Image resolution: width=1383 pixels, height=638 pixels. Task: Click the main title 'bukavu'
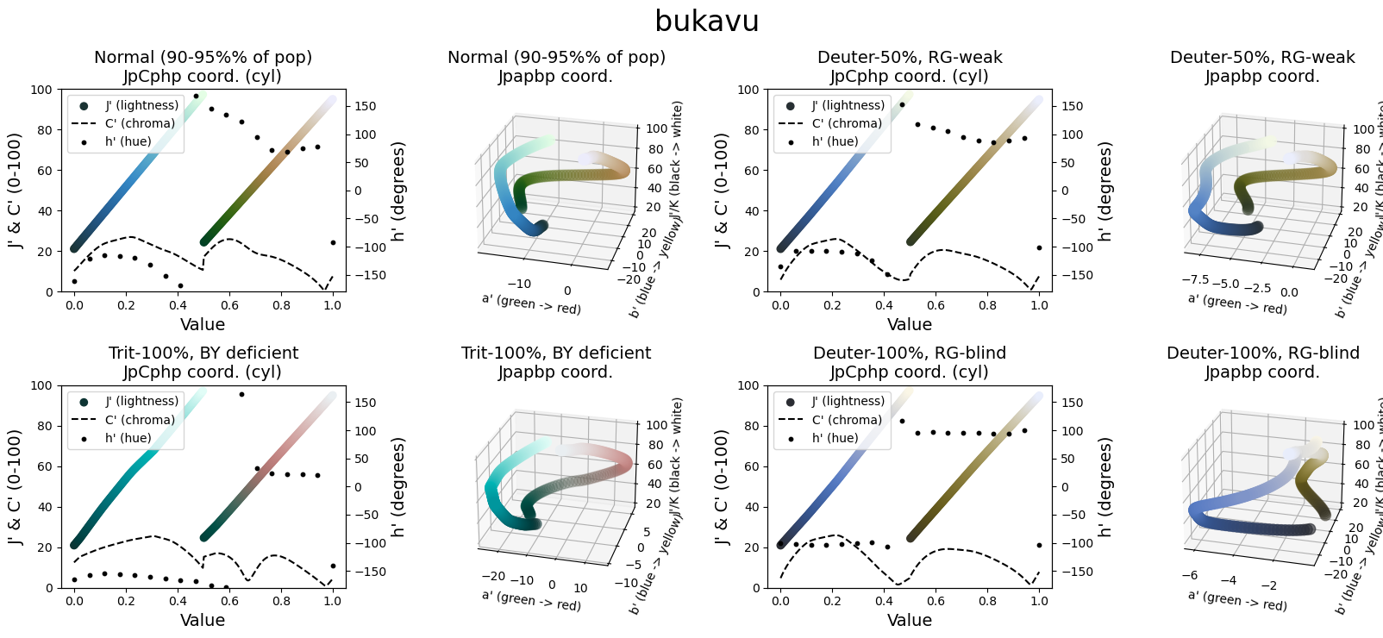(706, 22)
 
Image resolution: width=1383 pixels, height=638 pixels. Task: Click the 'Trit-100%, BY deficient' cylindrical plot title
(203, 353)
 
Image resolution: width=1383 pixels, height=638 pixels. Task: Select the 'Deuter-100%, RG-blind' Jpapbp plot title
(1262, 353)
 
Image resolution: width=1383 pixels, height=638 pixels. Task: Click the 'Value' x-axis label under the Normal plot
(203, 325)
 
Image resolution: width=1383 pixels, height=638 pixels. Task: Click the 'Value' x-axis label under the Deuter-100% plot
(910, 621)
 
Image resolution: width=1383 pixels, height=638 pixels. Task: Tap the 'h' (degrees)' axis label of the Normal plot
(398, 191)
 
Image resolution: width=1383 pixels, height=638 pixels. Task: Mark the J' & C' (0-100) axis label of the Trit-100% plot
(16, 486)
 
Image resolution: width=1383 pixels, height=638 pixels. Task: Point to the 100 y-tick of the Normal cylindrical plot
(41, 90)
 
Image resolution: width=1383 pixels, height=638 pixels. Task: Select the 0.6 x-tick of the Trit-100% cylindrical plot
(229, 602)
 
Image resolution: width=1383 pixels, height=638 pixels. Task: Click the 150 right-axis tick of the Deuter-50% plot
(1072, 106)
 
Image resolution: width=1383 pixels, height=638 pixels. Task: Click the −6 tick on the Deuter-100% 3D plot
(1190, 575)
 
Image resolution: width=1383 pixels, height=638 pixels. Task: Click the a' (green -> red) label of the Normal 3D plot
(531, 303)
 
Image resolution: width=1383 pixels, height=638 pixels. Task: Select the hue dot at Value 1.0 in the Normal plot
(333, 242)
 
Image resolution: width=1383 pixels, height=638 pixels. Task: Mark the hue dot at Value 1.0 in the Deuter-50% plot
(1039, 247)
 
